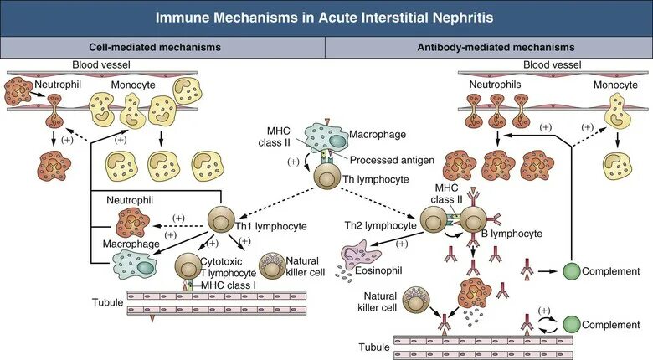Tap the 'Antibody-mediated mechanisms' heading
point(489,48)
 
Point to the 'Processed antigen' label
point(384,160)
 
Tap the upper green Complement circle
point(571,271)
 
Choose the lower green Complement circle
point(570,323)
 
